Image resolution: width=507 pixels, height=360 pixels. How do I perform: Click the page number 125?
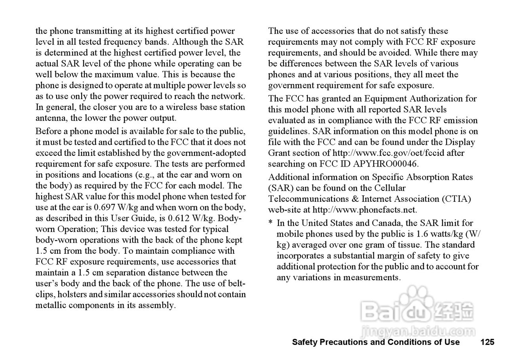pyautogui.click(x=487, y=342)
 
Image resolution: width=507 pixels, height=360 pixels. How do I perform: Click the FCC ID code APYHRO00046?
pyautogui.click(x=385, y=163)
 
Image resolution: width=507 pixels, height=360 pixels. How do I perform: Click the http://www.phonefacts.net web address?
pyautogui.click(x=365, y=210)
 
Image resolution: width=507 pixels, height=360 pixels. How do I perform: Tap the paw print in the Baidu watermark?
pyautogui.click(x=415, y=302)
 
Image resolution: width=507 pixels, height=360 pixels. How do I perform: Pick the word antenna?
pyautogui.click(x=51, y=118)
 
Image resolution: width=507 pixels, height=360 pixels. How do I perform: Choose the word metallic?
pyautogui.click(x=51, y=305)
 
